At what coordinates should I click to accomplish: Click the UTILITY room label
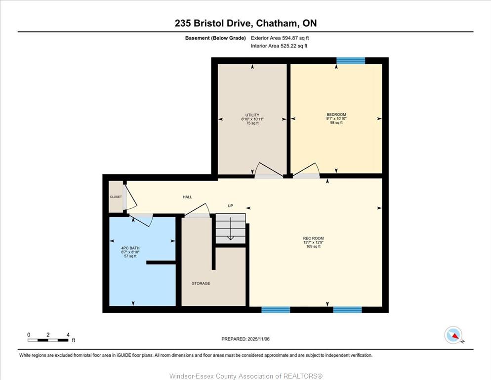[x=252, y=115]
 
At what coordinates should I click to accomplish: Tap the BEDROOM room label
[x=336, y=114]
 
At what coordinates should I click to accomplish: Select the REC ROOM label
[x=313, y=238]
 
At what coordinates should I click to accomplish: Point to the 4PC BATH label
[x=130, y=248]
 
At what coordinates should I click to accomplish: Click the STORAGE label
[x=201, y=284]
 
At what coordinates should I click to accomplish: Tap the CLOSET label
[x=116, y=197]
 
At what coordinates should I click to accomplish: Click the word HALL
[x=187, y=197]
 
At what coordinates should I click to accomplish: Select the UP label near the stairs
[x=231, y=206]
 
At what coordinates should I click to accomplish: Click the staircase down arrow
[x=231, y=229]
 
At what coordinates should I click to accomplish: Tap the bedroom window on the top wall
[x=351, y=60]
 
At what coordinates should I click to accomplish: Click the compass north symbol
[x=453, y=335]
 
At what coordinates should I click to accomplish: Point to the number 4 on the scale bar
[x=68, y=335]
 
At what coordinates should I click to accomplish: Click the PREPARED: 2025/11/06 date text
[x=245, y=339]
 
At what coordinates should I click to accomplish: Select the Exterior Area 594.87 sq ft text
[x=280, y=38]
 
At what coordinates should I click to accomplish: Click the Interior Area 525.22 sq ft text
[x=279, y=46]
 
